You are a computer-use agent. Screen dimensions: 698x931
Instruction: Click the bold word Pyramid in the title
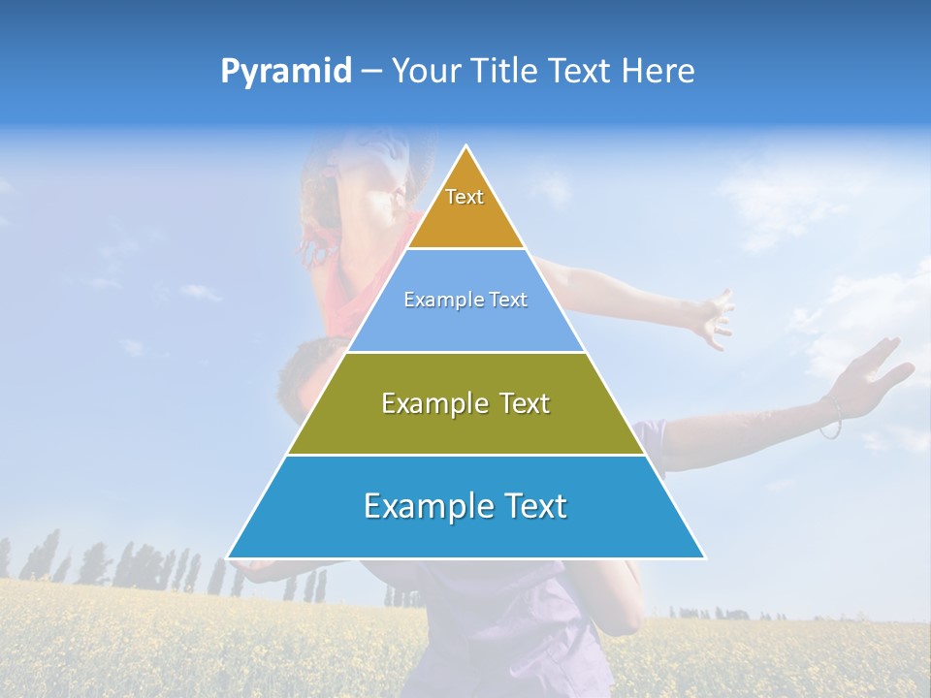click(x=286, y=72)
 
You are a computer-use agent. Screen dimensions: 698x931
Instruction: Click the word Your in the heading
click(x=426, y=71)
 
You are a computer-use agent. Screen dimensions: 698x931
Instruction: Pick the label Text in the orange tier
click(x=465, y=197)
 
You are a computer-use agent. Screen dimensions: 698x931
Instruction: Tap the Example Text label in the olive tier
click(x=465, y=403)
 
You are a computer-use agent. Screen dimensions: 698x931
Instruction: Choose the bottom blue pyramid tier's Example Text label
click(x=465, y=506)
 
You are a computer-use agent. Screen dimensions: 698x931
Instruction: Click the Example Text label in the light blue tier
click(x=465, y=300)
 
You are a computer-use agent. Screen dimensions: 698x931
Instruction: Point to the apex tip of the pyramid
click(x=466, y=147)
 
